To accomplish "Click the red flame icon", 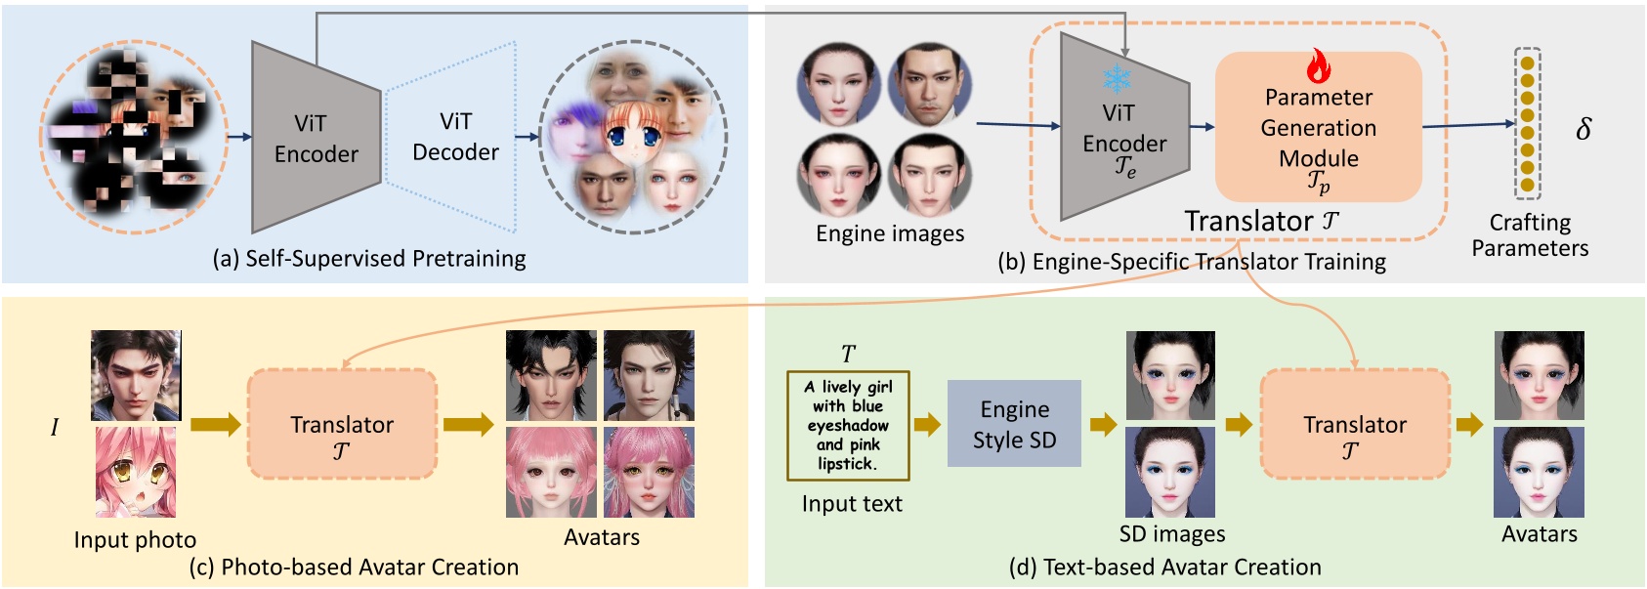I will pyautogui.click(x=1318, y=66).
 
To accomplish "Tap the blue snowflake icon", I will pyautogui.click(x=1117, y=78).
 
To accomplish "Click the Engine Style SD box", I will pyautogui.click(x=1014, y=424).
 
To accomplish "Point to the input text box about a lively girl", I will pyautogui.click(x=848, y=425).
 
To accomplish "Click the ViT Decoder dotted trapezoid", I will pyautogui.click(x=450, y=137).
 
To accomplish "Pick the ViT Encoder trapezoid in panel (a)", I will pyautogui.click(x=315, y=138).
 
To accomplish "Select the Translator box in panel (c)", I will pyautogui.click(x=342, y=424).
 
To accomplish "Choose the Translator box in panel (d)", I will pyautogui.click(x=1355, y=424).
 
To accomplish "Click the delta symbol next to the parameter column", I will pyautogui.click(x=1584, y=129).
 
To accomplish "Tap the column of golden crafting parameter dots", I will pyautogui.click(x=1527, y=123).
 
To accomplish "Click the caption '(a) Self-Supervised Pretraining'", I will pyautogui.click(x=369, y=259).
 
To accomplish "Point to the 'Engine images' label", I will pyautogui.click(x=890, y=234).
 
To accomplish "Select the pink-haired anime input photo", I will pyautogui.click(x=136, y=472).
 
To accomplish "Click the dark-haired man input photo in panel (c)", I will pyautogui.click(x=136, y=375).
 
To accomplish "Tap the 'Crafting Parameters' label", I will pyautogui.click(x=1530, y=235).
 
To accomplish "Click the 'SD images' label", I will pyautogui.click(x=1172, y=534).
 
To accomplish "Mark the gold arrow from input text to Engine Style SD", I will pyautogui.click(x=927, y=424).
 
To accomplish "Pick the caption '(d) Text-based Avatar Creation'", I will pyautogui.click(x=1164, y=567).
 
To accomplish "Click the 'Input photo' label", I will pyautogui.click(x=135, y=540).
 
